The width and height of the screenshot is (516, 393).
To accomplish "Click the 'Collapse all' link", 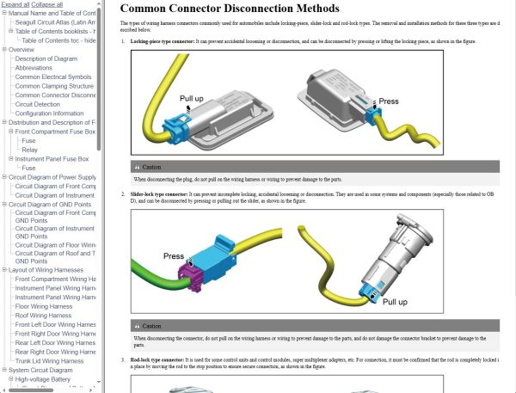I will point(46,4).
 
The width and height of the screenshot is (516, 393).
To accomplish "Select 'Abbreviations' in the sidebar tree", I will point(34,68).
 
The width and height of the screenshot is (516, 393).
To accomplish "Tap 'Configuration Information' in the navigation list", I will point(49,114).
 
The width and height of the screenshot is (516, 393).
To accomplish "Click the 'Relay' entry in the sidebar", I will point(30,150).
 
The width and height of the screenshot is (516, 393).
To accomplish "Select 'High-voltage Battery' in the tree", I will point(47,378).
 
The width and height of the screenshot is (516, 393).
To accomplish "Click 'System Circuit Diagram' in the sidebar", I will point(46,370).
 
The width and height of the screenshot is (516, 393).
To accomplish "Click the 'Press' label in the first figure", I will point(389,101).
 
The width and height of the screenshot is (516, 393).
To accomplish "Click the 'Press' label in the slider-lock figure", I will point(175,256).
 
